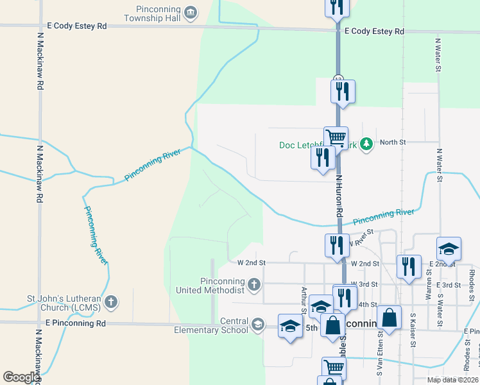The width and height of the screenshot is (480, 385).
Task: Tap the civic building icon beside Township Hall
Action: [x=191, y=13]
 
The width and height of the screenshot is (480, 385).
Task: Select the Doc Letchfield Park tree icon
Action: [x=366, y=144]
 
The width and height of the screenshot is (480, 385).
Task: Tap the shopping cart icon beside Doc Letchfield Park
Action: [x=336, y=137]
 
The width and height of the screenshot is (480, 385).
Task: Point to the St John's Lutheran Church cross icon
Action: [x=111, y=301]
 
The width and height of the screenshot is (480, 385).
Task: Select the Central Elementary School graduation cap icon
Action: [x=257, y=324]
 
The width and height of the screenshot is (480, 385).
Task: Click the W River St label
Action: [x=359, y=243]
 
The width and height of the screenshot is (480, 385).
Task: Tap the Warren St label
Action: [x=428, y=289]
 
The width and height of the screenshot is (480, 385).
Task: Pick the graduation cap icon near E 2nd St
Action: [x=449, y=249]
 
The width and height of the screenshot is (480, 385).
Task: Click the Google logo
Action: [x=21, y=377]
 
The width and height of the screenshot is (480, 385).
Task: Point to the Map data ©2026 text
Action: [x=452, y=380]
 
